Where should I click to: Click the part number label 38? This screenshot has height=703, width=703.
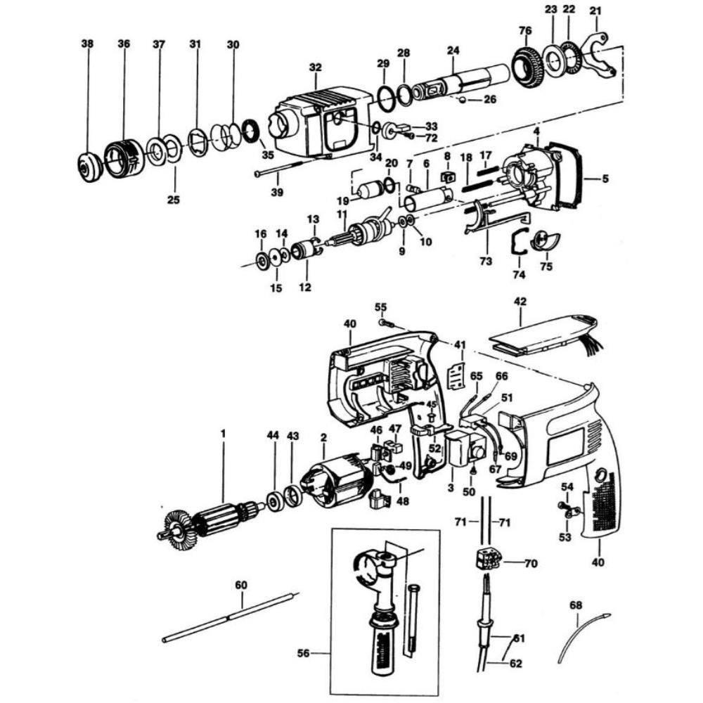(x=86, y=44)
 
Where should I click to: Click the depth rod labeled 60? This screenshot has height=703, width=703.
(x=228, y=618)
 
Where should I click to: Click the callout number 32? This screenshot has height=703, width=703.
(x=315, y=67)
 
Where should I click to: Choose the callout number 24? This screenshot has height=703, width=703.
(x=453, y=50)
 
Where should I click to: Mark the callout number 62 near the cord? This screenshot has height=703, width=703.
(x=516, y=662)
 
